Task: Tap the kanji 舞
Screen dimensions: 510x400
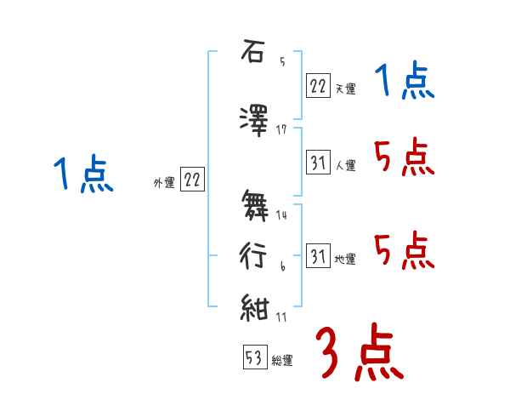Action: (253, 205)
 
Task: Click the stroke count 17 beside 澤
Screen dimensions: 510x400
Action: (282, 130)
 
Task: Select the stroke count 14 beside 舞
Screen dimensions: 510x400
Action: (282, 215)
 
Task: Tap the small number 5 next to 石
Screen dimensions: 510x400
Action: (282, 61)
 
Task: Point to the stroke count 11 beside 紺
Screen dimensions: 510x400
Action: (282, 317)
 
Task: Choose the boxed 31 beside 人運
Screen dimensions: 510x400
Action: (318, 161)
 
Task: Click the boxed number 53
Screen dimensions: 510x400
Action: (254, 357)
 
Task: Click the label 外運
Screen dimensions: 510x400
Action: (164, 182)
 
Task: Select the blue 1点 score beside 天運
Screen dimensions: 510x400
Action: (405, 83)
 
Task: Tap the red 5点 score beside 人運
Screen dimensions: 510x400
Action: (405, 157)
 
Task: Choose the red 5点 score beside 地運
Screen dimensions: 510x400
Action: (405, 251)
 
